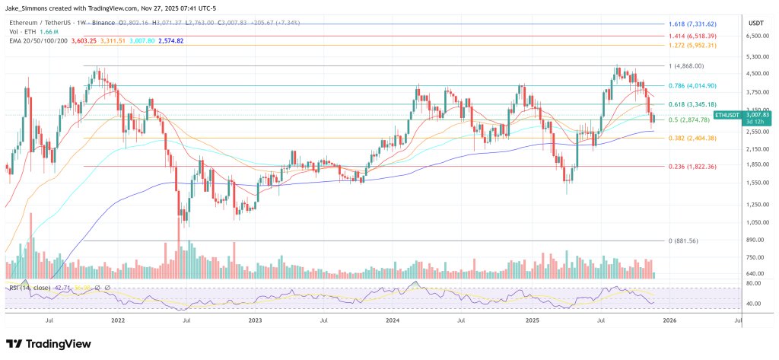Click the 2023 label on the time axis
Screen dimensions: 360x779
tap(255, 321)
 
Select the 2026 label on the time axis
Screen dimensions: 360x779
tap(669, 321)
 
